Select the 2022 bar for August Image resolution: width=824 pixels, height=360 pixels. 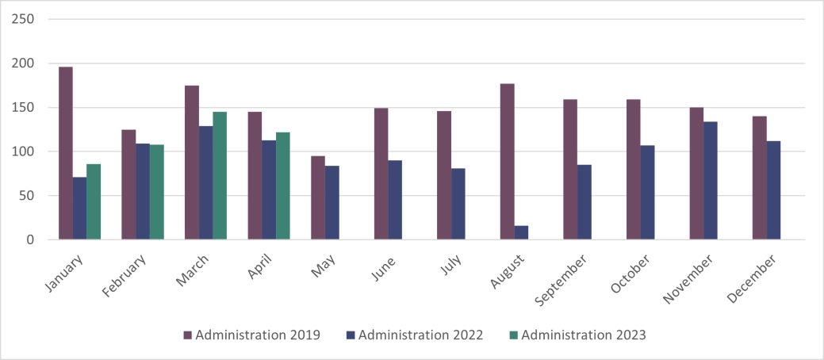pyautogui.click(x=521, y=232)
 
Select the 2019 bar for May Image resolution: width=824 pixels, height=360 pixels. pyautogui.click(x=318, y=197)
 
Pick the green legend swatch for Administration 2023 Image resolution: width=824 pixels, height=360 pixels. pyautogui.click(x=513, y=335)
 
